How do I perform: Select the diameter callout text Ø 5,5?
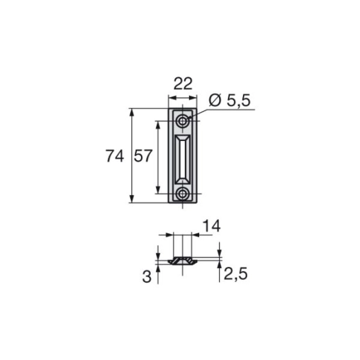(x=229, y=101)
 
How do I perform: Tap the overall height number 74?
(x=115, y=156)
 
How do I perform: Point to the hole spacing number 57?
(x=142, y=156)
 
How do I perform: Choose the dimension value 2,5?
(x=233, y=276)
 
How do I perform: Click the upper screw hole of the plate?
(x=183, y=121)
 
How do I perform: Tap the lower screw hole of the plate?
(x=183, y=194)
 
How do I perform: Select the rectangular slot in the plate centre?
(x=183, y=157)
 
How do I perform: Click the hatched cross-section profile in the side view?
(x=182, y=261)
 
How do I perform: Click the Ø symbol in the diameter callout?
(x=212, y=101)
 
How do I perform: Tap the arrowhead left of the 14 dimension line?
(x=169, y=235)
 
